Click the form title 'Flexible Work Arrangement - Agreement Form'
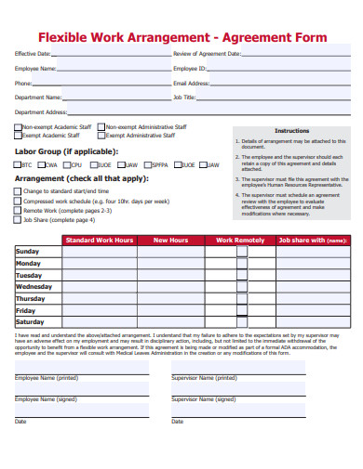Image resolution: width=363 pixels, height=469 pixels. [181, 37]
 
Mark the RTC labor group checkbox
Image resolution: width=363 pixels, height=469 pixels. [17, 164]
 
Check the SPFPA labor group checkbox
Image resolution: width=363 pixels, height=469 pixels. [147, 164]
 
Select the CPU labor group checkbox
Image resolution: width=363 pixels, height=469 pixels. [67, 164]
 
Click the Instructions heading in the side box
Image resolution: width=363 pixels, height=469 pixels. [291, 131]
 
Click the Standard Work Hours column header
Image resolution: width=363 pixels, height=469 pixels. [99, 241]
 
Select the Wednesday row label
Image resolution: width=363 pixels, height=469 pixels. [34, 287]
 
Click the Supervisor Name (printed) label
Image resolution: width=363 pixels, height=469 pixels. [203, 379]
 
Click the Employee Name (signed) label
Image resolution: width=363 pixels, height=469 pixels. [47, 398]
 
